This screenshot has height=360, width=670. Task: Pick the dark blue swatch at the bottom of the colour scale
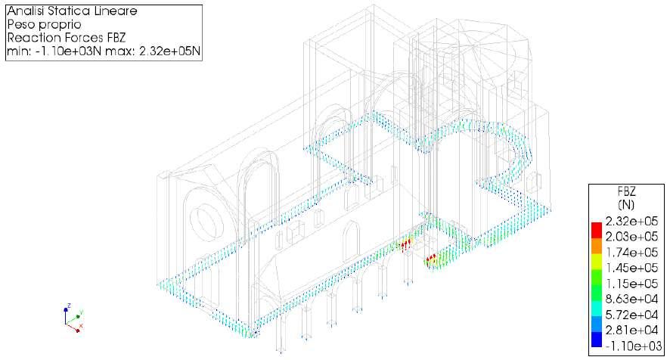tap(597, 341)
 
